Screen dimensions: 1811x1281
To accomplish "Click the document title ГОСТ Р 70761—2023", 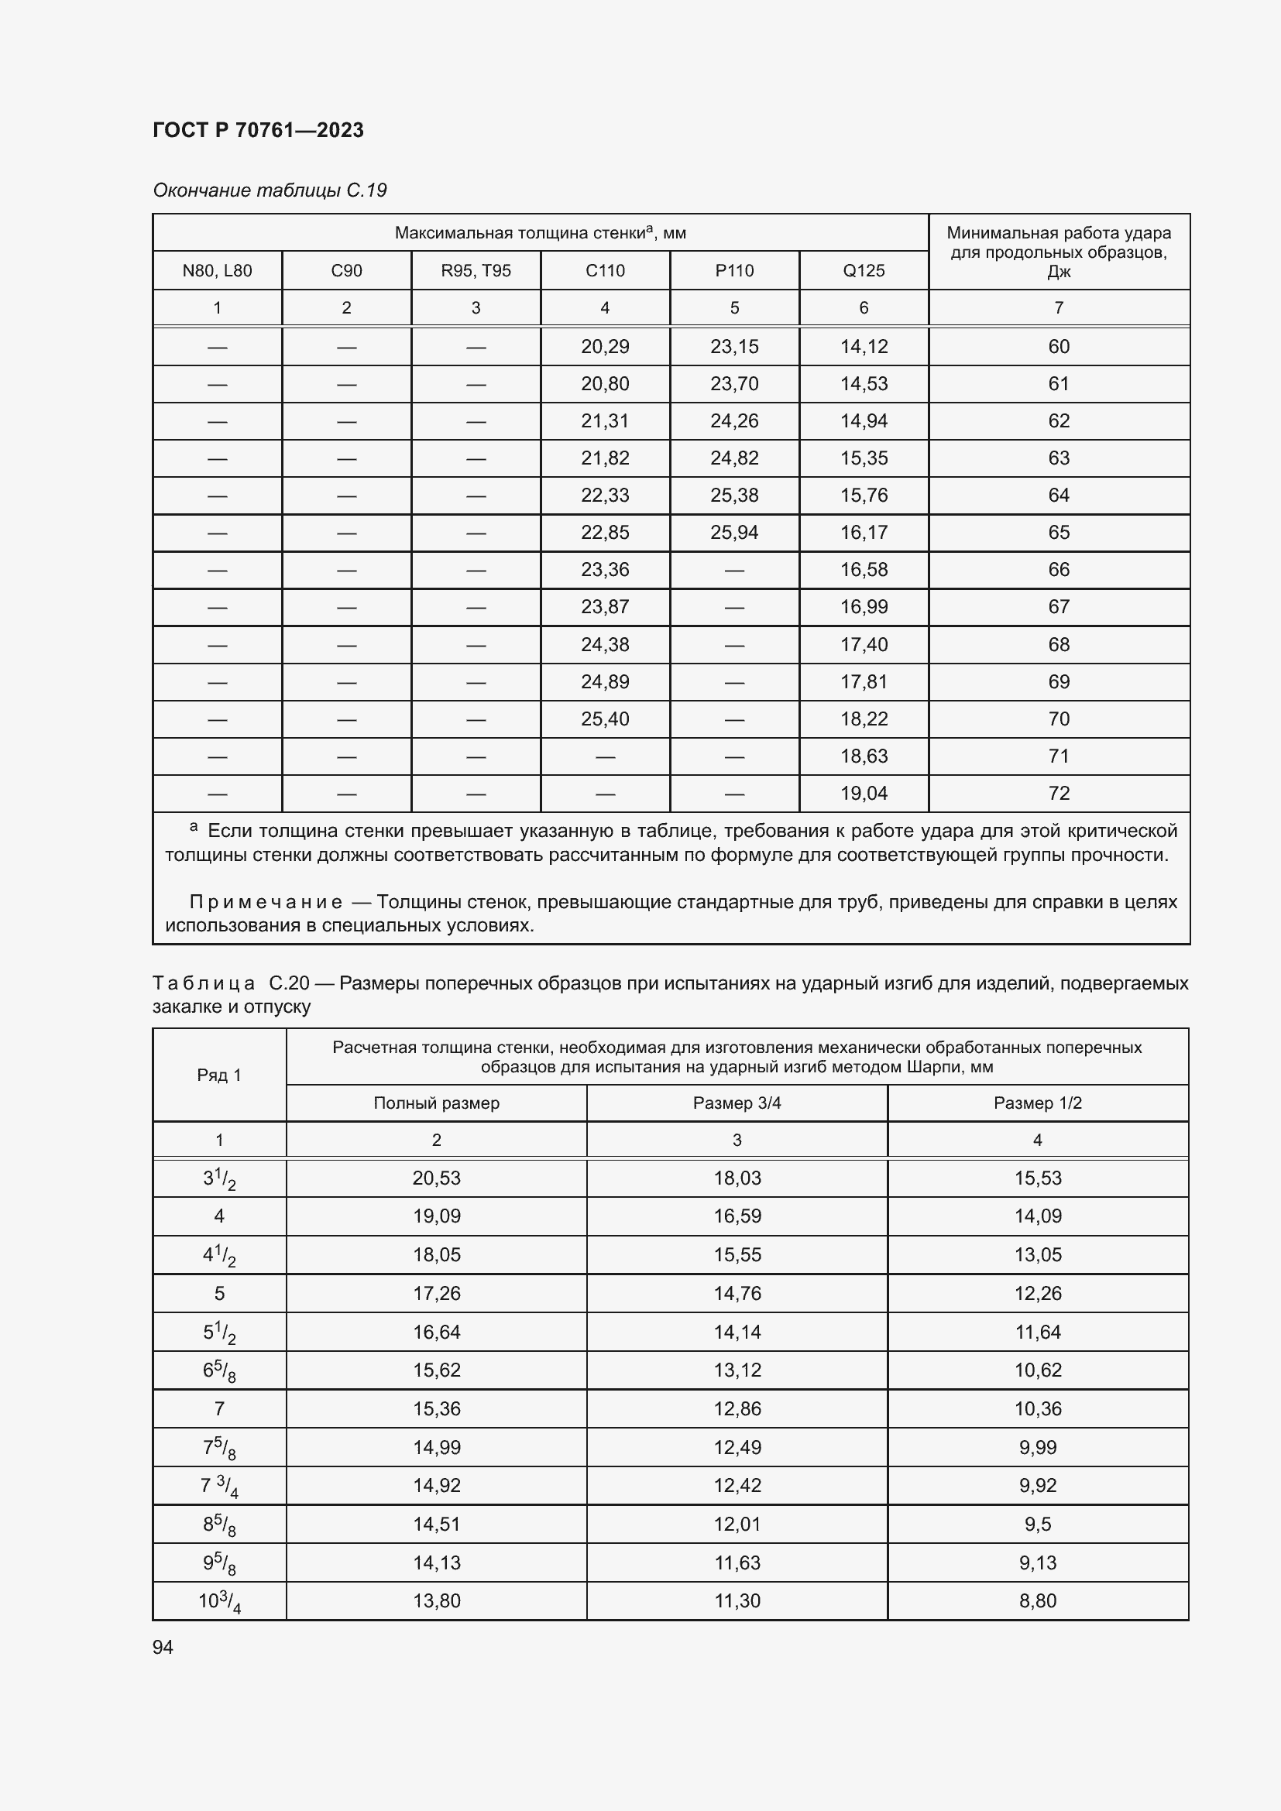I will click(x=258, y=130).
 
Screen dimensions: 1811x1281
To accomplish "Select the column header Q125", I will click(x=864, y=270).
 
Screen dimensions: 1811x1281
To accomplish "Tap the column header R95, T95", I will click(x=476, y=270).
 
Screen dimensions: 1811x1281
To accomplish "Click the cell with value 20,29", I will click(x=605, y=346).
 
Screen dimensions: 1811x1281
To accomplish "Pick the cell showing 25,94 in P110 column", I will click(x=733, y=533).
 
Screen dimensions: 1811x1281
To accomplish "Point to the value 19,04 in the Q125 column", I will click(x=864, y=793).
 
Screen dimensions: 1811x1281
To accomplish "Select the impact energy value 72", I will click(x=1059, y=793).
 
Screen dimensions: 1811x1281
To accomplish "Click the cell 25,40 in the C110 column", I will click(x=605, y=719).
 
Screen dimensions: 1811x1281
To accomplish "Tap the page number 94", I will click(x=163, y=1647).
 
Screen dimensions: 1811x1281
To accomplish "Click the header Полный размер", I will click(x=436, y=1103).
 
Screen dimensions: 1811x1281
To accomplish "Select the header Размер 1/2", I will click(x=1037, y=1103).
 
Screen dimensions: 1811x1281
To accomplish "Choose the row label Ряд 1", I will click(x=219, y=1075).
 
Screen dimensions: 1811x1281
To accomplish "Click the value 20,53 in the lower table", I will click(x=436, y=1178).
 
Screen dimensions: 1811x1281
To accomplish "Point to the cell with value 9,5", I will click(x=1037, y=1524).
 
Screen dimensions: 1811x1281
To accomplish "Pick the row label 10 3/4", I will click(x=219, y=1601).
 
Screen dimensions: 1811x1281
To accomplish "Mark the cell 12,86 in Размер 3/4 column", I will click(x=737, y=1408).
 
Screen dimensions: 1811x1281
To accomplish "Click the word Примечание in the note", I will click(x=266, y=901).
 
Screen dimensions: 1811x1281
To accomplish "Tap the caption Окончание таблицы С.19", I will click(x=270, y=190).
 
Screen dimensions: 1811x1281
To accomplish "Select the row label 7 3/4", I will click(x=219, y=1486).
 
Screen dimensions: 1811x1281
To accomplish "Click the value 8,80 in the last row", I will click(x=1037, y=1600).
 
